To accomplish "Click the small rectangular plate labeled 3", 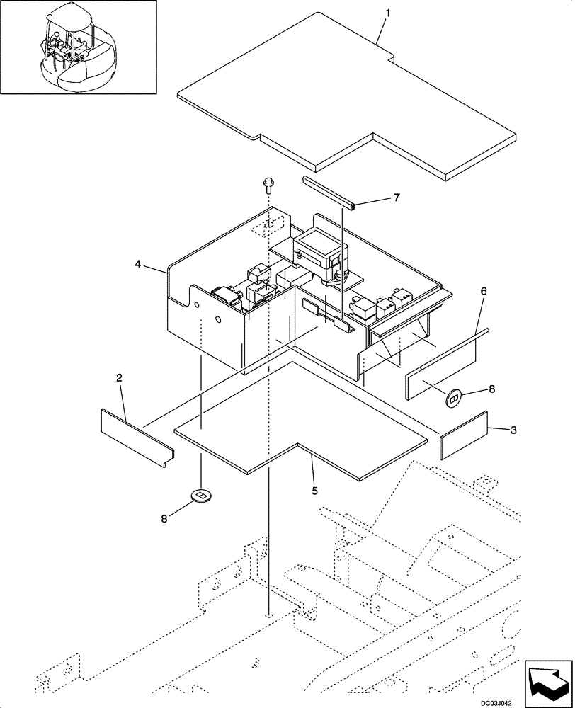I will point(464,435).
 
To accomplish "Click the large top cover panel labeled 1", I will point(347,106).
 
